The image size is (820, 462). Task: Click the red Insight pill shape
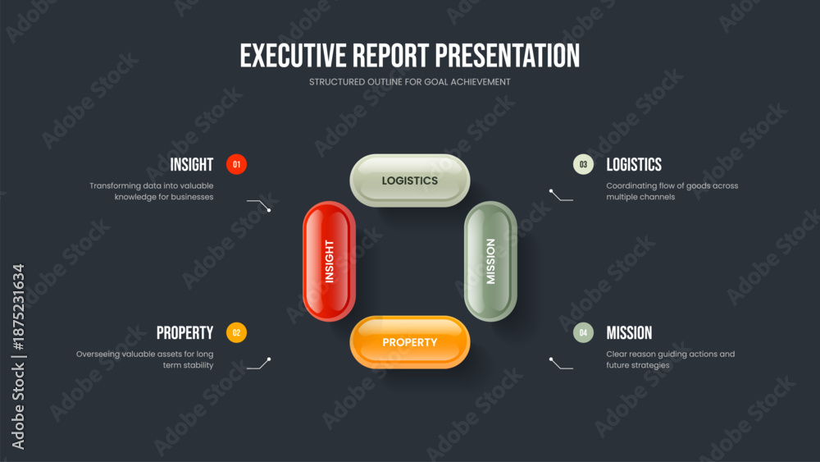pyautogui.click(x=329, y=261)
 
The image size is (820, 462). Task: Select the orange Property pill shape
pyautogui.click(x=409, y=342)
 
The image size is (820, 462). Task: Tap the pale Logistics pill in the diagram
pyautogui.click(x=409, y=181)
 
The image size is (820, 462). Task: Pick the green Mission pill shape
pyautogui.click(x=490, y=261)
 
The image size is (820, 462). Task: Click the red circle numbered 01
pyautogui.click(x=236, y=164)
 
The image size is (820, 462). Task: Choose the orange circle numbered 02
pyautogui.click(x=236, y=333)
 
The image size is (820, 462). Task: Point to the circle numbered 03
pyautogui.click(x=583, y=164)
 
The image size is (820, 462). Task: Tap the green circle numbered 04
pyautogui.click(x=583, y=333)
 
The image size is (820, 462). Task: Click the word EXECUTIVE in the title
pyautogui.click(x=293, y=56)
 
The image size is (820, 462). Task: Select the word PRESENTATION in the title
pyautogui.click(x=508, y=56)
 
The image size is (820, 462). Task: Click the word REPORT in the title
pyautogui.click(x=390, y=56)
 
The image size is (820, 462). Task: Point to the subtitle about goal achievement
pyautogui.click(x=409, y=82)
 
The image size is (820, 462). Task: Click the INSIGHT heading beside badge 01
pyautogui.click(x=191, y=165)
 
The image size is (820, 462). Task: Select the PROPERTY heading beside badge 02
pyautogui.click(x=184, y=333)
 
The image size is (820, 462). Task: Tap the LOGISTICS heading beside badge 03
pyautogui.click(x=634, y=165)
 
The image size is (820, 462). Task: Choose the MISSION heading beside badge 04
pyautogui.click(x=629, y=333)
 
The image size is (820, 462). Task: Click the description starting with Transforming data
pyautogui.click(x=152, y=191)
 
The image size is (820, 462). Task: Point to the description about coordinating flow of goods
pyautogui.click(x=672, y=191)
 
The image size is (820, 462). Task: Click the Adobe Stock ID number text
pyautogui.click(x=18, y=307)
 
